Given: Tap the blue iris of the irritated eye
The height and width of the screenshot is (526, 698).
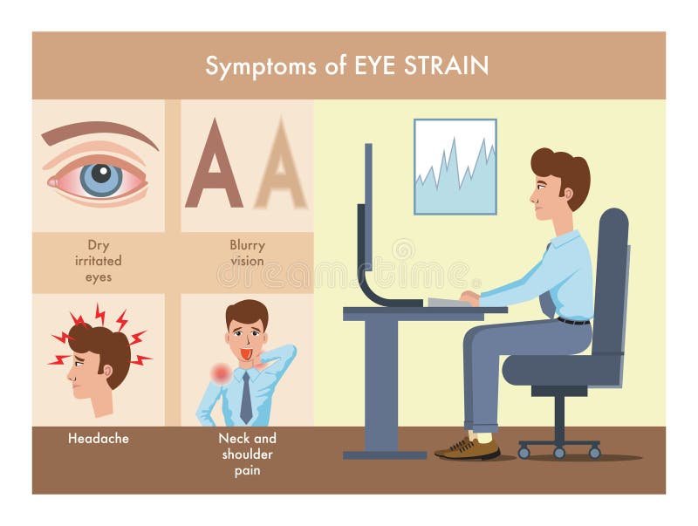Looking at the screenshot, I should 100,179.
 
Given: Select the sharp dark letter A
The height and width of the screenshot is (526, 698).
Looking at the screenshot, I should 214,166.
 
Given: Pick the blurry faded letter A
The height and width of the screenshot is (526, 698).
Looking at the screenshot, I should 280,166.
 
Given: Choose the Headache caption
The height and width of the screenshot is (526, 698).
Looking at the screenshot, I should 98,439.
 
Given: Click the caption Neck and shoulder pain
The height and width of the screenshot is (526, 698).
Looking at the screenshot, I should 247,454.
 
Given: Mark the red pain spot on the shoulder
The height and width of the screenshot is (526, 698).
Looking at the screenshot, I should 222,373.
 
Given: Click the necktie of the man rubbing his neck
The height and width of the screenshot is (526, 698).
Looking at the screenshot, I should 246,397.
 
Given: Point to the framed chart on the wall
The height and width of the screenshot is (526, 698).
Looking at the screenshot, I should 455,166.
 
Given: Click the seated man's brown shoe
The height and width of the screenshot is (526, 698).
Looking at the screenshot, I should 471,448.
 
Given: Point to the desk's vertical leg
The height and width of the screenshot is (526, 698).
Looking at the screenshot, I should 380,384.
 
